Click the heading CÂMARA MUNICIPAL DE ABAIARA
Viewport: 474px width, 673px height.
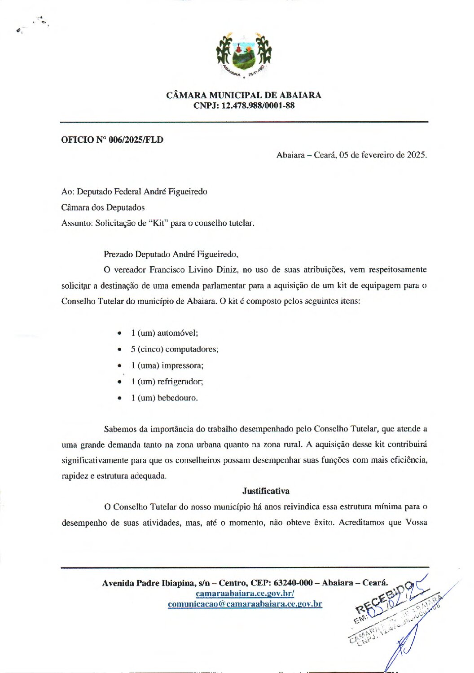pos(244,95)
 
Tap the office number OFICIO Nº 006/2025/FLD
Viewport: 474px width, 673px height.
pos(112,140)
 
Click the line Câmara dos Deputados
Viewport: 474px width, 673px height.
pos(103,207)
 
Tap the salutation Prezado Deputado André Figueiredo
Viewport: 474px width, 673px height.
pos(171,254)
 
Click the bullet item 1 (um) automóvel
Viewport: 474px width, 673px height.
pos(164,333)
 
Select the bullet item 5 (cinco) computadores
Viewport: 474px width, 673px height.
pos(175,349)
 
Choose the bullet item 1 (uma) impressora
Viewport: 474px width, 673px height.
pos(167,365)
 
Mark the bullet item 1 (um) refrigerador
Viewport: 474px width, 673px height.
pos(167,382)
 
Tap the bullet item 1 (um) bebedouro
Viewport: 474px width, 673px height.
pos(164,398)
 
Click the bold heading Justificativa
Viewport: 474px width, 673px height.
pos(266,491)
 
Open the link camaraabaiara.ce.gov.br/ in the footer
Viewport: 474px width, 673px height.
pos(245,594)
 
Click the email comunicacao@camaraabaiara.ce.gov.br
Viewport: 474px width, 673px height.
pos(245,604)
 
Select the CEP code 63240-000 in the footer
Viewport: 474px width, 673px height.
pos(293,583)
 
